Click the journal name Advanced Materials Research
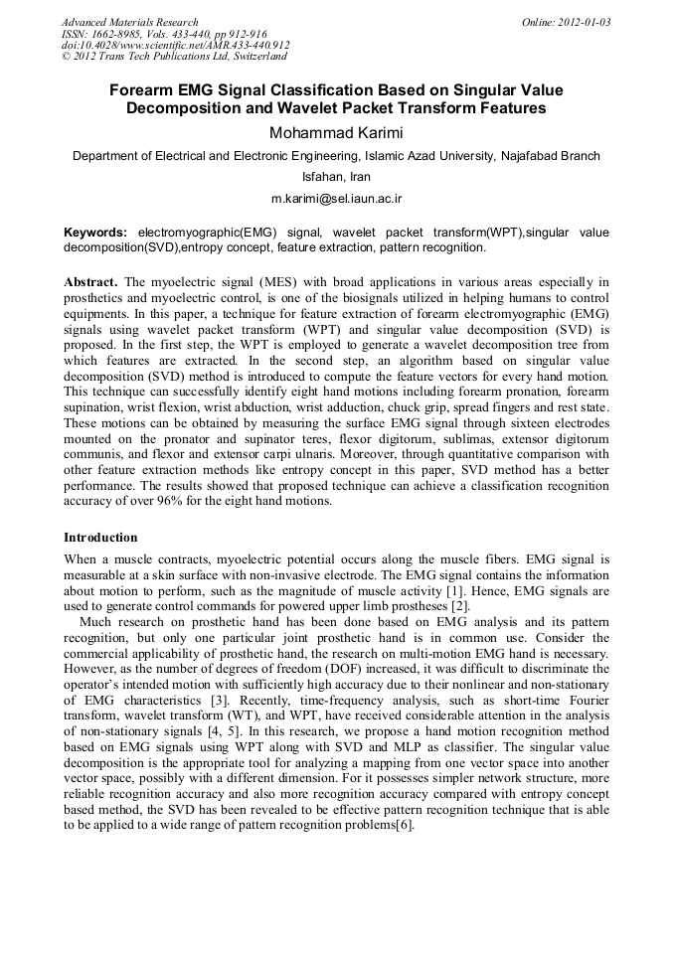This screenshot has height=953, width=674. click(x=129, y=22)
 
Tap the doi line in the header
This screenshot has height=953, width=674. click(x=175, y=46)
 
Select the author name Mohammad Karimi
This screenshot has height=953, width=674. click(x=336, y=133)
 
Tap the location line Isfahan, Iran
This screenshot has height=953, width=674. click(x=336, y=177)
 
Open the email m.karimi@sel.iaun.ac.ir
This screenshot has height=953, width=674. click(x=336, y=199)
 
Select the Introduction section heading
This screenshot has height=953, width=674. click(x=100, y=538)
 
